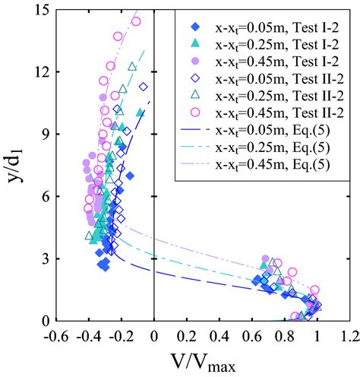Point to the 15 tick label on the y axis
pos(43,9)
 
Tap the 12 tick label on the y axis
pos(43,71)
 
